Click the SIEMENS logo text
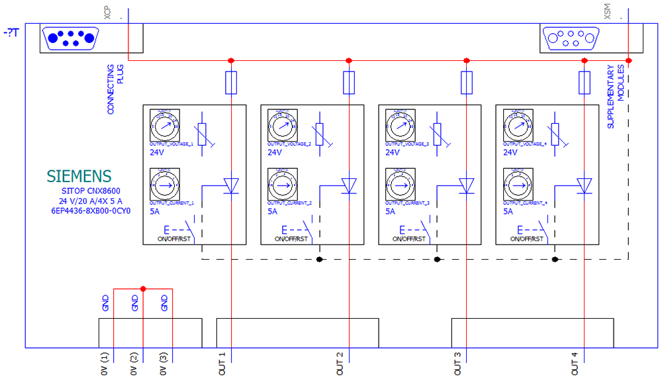tap(79, 176)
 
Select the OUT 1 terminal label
tap(222, 363)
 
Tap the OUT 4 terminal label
tap(575, 363)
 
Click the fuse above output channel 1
tap(231, 83)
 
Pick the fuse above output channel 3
tap(467, 83)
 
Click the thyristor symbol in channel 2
tap(349, 186)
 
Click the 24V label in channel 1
tap(158, 152)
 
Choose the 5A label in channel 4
tap(508, 212)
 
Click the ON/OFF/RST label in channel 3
tap(410, 239)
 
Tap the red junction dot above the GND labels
tap(143, 288)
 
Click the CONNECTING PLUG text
tap(115, 89)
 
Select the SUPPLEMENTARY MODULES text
tap(616, 96)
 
